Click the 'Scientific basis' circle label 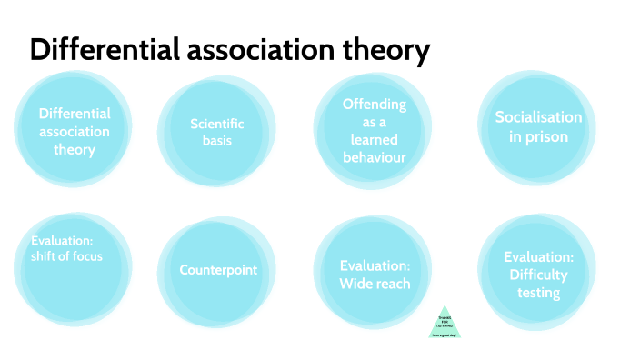pyautogui.click(x=216, y=132)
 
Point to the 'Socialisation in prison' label pyautogui.click(x=538, y=127)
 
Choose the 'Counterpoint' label pyautogui.click(x=218, y=270)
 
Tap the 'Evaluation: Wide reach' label pyautogui.click(x=375, y=275)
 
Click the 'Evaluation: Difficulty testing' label pyautogui.click(x=538, y=275)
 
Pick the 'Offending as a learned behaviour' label pyautogui.click(x=374, y=131)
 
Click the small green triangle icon pyautogui.click(x=445, y=323)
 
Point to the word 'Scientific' pyautogui.click(x=217, y=124)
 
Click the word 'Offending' pyautogui.click(x=374, y=105)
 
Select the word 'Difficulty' pyautogui.click(x=538, y=275)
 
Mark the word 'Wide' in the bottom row pyautogui.click(x=356, y=284)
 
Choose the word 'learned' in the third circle pyautogui.click(x=375, y=140)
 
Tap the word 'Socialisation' pyautogui.click(x=538, y=117)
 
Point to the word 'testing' pyautogui.click(x=538, y=292)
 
